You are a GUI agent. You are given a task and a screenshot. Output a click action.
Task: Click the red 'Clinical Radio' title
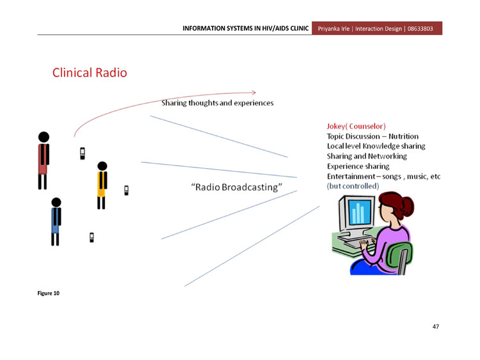click(x=90, y=73)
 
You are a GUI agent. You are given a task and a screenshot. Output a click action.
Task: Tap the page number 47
click(x=436, y=327)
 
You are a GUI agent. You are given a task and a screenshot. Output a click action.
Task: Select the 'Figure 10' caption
click(x=49, y=293)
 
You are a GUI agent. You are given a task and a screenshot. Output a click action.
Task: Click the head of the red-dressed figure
click(x=44, y=137)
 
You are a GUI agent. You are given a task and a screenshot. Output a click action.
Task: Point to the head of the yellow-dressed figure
click(x=102, y=166)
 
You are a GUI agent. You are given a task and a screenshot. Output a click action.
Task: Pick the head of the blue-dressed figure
click(x=56, y=202)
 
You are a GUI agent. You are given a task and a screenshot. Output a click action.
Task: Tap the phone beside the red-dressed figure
click(x=83, y=153)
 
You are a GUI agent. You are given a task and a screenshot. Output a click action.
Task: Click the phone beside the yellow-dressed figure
click(x=126, y=191)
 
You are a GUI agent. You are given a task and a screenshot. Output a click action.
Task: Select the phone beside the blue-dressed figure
click(x=92, y=237)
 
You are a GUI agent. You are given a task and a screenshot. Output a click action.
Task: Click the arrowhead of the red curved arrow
click(x=255, y=92)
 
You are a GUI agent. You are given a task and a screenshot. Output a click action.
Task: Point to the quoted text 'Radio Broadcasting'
click(x=236, y=187)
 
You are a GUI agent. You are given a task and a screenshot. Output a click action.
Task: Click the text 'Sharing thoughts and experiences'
click(x=218, y=103)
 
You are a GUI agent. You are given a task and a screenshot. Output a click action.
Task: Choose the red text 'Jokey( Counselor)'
click(x=356, y=127)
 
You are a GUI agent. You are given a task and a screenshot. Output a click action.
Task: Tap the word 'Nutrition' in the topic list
click(x=403, y=136)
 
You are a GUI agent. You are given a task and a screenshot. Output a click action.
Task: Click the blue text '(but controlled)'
click(x=353, y=186)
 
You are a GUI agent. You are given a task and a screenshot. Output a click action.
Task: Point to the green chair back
click(x=399, y=254)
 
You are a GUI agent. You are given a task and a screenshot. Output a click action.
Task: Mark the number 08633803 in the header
click(x=420, y=29)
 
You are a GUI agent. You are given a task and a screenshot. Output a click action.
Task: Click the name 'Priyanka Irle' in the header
click(x=333, y=29)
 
